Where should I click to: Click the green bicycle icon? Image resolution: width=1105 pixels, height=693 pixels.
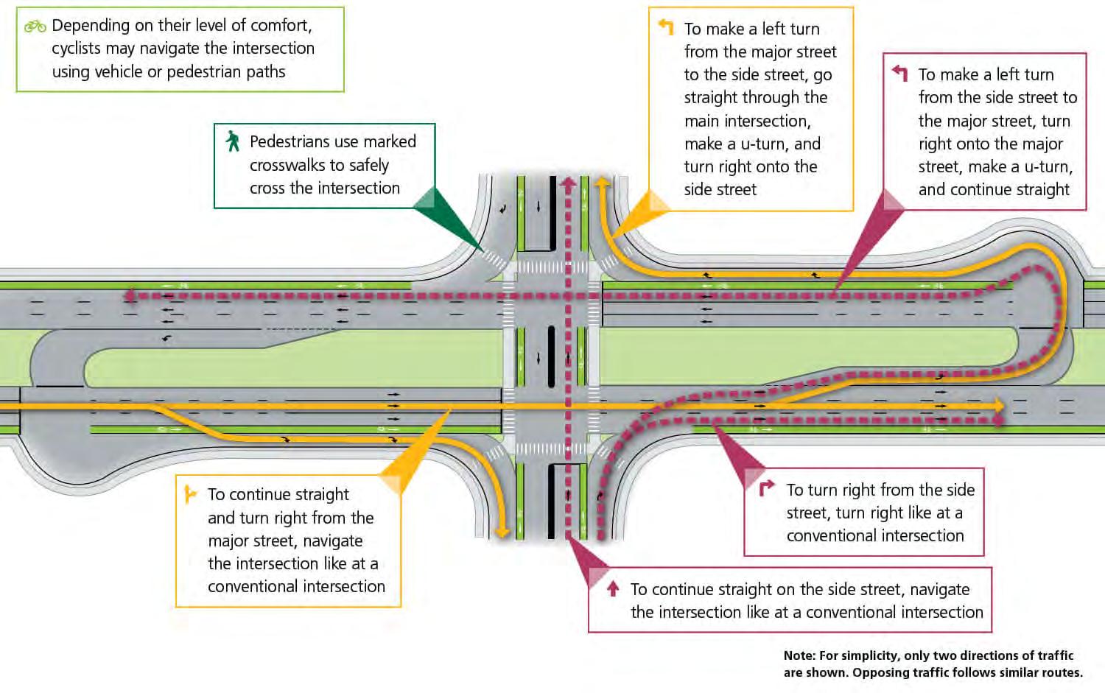[35, 27]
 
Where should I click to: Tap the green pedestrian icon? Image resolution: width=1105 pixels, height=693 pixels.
[233, 141]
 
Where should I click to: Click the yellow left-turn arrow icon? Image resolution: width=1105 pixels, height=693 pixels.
[666, 27]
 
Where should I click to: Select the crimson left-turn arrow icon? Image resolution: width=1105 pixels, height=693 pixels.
[899, 73]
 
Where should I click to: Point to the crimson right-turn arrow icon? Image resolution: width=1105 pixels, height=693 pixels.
[767, 488]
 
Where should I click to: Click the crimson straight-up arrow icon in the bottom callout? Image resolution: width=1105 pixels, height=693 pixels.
[612, 588]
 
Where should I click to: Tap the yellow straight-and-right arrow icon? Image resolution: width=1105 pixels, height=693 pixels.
[190, 493]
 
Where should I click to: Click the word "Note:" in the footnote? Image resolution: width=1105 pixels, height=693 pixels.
[799, 655]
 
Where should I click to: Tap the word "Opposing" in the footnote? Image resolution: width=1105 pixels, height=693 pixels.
[880, 672]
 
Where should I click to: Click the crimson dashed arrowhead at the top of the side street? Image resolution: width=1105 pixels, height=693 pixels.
[568, 183]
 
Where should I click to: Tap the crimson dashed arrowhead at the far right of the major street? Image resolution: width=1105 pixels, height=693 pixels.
[999, 421]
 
